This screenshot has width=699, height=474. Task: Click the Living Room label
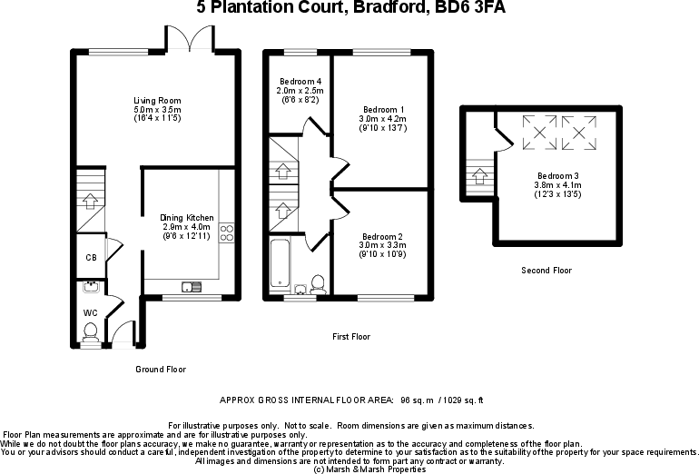click(158, 100)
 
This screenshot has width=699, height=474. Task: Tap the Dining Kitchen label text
click(187, 218)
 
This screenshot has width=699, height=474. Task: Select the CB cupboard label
click(91, 258)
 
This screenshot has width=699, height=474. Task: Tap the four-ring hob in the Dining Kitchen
click(227, 233)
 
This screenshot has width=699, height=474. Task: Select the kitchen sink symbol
click(192, 288)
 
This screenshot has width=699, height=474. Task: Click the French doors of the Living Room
click(190, 38)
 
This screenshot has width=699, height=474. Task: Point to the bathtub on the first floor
click(278, 262)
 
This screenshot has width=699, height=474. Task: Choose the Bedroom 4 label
click(299, 82)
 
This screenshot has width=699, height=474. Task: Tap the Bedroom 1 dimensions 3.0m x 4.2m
click(383, 118)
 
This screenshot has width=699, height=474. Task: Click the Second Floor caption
click(546, 271)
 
